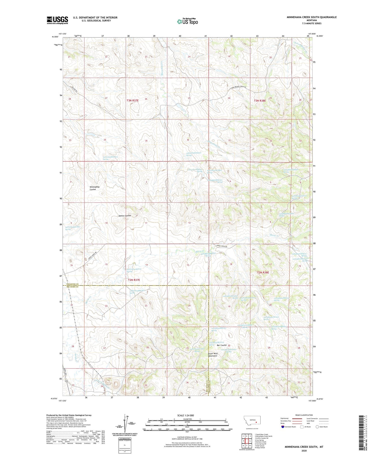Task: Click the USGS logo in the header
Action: pos(57,20)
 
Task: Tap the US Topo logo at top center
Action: pos(187,21)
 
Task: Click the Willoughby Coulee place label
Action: pos(95,188)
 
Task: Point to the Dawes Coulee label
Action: pos(125,216)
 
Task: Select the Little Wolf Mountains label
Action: pos(213,355)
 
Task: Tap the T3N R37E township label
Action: pos(132,100)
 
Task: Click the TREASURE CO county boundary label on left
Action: pos(72,284)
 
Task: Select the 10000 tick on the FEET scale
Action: pos(230,429)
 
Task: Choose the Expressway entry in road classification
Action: pos(285,419)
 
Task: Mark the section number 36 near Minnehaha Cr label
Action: pos(188,140)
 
